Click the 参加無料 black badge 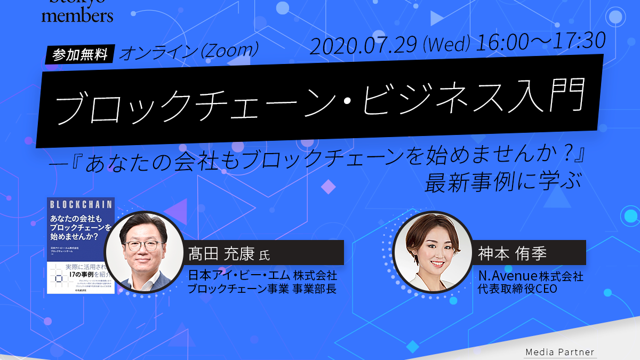pyautogui.click(x=80, y=54)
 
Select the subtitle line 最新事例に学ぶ pyautogui.click(x=501, y=182)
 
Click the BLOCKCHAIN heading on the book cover pyautogui.click(x=80, y=204)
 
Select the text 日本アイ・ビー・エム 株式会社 pyautogui.click(x=262, y=276)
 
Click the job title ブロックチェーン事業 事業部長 pyautogui.click(x=262, y=289)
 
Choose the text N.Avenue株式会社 pyautogui.click(x=531, y=276)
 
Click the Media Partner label pyautogui.click(x=559, y=352)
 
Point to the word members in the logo pyautogui.click(x=77, y=15)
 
